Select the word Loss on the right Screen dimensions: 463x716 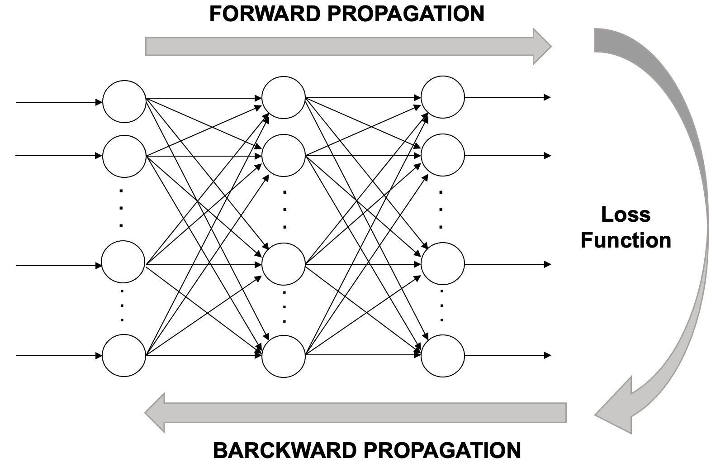click(626, 214)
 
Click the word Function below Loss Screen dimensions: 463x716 click(626, 240)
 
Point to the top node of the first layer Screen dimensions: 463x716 click(124, 101)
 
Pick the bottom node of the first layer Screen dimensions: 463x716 click(124, 356)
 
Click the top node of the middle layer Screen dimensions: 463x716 click(284, 97)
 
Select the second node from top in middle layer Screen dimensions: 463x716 click(284, 156)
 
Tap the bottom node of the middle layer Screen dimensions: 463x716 click(284, 356)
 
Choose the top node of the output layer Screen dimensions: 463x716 click(443, 97)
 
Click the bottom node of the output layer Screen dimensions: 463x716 click(443, 356)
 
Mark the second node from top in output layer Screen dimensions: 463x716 click(443, 155)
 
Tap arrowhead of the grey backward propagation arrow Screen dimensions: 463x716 click(155, 412)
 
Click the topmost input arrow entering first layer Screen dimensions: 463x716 click(59, 102)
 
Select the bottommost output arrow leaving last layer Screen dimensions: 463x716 click(507, 356)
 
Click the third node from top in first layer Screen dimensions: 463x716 click(123, 262)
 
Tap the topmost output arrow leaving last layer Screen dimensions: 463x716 click(507, 97)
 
